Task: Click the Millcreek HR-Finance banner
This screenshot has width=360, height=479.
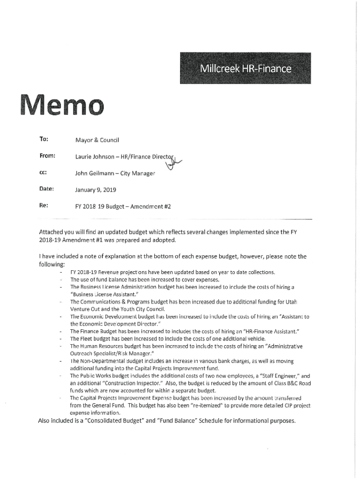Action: point(246,69)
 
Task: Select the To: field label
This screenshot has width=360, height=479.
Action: point(41,139)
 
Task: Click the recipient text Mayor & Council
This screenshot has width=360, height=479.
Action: point(98,140)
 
